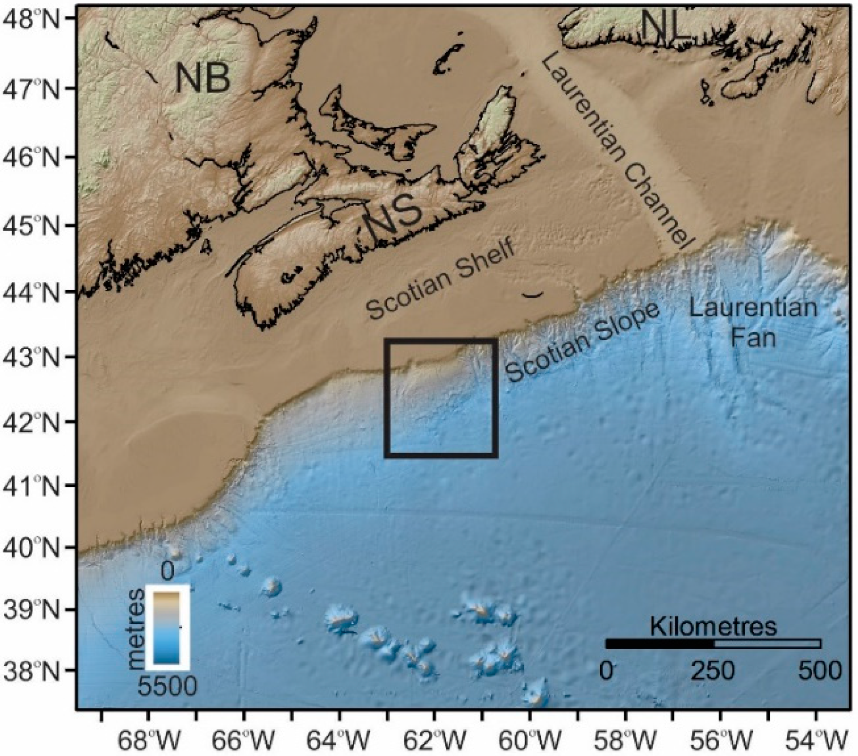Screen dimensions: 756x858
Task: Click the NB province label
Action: coord(203,79)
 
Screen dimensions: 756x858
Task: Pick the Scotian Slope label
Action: coord(582,341)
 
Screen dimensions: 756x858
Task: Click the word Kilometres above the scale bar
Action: coord(713,627)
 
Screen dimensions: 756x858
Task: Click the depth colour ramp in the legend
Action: coord(167,627)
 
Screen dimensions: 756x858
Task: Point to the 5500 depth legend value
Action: coord(167,687)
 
